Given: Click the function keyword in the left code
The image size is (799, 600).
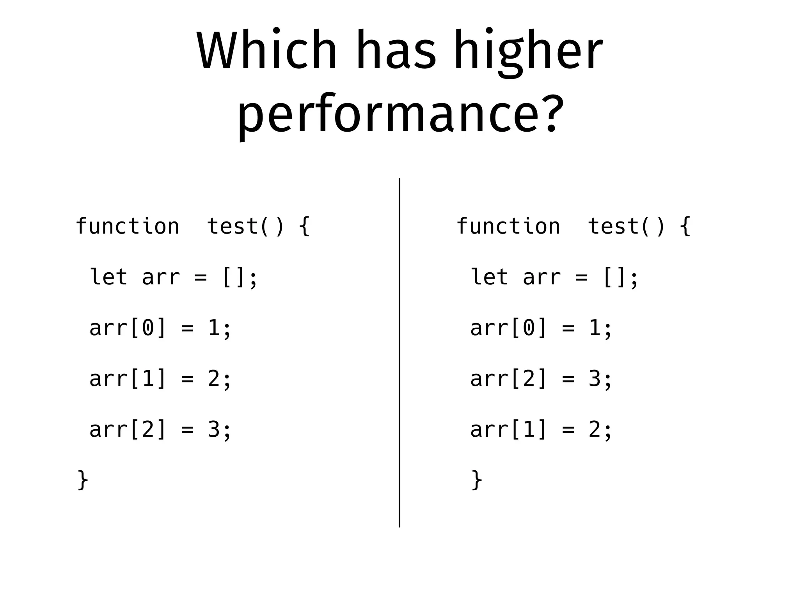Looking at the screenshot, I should [x=127, y=227].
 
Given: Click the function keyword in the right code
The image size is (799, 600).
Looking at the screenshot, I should [x=508, y=227].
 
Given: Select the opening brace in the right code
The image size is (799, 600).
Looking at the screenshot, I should [x=685, y=227].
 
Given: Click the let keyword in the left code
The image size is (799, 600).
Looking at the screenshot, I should [x=108, y=277].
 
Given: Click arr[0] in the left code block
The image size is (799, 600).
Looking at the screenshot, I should [x=128, y=328].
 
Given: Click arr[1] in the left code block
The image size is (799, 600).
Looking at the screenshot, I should [x=128, y=379].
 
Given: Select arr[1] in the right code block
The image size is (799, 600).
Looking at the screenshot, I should [x=509, y=429].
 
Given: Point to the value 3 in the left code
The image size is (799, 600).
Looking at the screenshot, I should [x=213, y=429].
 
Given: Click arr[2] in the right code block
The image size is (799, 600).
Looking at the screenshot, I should [x=509, y=379].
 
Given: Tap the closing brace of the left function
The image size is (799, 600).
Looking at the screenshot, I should [x=83, y=480].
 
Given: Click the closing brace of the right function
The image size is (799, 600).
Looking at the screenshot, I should [x=477, y=480].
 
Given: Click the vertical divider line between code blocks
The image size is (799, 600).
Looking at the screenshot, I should [x=399, y=352].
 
